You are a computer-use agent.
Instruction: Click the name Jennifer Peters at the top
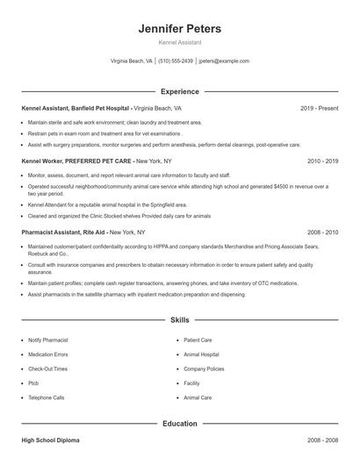(180, 29)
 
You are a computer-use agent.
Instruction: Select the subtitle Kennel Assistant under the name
(180, 42)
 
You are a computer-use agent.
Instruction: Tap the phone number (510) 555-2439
(175, 61)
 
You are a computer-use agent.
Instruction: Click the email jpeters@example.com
(224, 61)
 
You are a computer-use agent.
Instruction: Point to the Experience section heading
(180, 91)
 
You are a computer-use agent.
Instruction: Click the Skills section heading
(180, 321)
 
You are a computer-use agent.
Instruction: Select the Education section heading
(180, 424)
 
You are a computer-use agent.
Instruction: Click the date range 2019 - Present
(319, 108)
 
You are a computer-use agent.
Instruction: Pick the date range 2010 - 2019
(322, 161)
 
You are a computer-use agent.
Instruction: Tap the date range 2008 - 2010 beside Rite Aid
(322, 232)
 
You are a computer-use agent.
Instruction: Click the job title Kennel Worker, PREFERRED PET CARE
(76, 161)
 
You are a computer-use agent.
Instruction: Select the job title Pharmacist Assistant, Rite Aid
(64, 232)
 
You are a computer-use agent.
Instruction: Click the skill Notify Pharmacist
(48, 340)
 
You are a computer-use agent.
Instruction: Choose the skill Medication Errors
(48, 354)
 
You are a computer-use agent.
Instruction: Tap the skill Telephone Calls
(47, 397)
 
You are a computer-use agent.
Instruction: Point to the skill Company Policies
(204, 368)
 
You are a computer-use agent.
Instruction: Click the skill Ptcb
(34, 383)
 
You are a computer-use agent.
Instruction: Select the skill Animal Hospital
(201, 354)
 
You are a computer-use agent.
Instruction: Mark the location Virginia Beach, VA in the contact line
(132, 61)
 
